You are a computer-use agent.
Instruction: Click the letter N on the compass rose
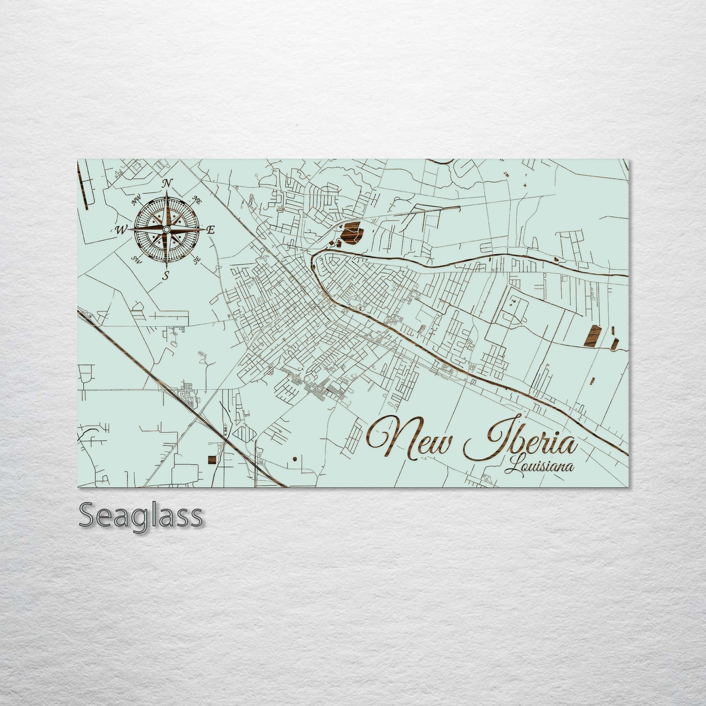[167, 183]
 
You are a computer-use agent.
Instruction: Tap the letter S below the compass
[166, 276]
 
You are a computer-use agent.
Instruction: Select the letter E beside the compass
[211, 231]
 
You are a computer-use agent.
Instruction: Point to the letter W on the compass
[120, 230]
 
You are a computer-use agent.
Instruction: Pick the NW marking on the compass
[136, 201]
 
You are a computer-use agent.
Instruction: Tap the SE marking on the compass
[197, 261]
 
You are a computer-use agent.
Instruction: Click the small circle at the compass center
[166, 230]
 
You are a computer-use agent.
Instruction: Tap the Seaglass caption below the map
[140, 515]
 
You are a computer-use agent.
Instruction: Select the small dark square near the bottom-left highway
[212, 459]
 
